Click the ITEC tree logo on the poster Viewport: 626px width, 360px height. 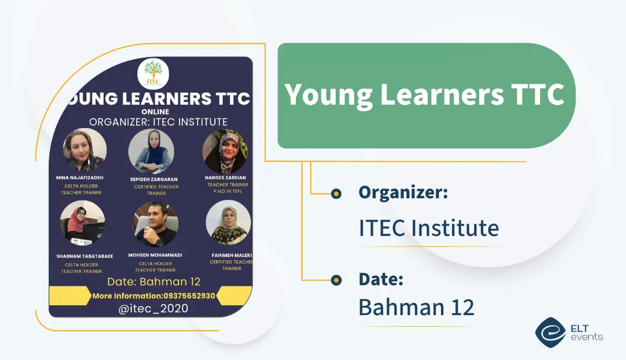point(153,74)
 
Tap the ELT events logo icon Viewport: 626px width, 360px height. point(550,332)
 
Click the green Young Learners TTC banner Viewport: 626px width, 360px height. point(425,95)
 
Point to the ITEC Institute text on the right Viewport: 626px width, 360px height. point(429,228)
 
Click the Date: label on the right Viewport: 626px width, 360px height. point(381,279)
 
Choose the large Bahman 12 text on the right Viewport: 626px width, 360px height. point(417,307)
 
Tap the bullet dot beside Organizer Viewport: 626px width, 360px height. point(336,193)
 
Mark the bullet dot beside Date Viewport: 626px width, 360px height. point(336,280)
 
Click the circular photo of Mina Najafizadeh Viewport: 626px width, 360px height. point(84,150)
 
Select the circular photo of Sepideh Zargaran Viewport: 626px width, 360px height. point(151,151)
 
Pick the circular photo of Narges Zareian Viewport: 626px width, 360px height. point(225,151)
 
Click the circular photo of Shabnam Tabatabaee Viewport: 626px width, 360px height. point(83,223)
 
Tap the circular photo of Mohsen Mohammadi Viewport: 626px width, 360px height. point(155,224)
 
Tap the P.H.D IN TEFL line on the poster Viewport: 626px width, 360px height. point(228,191)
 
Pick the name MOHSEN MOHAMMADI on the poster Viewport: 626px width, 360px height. point(155,255)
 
